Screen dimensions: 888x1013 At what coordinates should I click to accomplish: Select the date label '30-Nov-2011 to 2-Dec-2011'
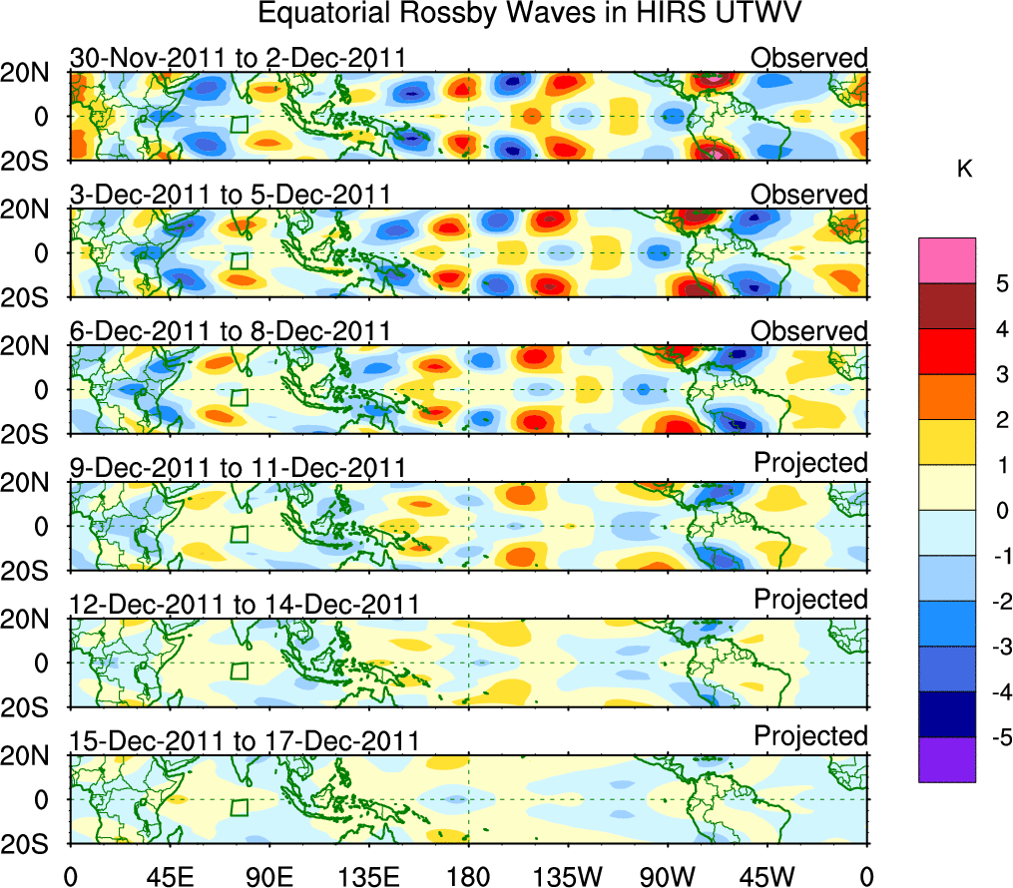coord(238,58)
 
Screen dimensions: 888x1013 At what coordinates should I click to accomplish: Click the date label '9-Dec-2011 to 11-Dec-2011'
coord(238,467)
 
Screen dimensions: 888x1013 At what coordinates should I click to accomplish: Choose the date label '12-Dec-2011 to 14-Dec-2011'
coord(244,604)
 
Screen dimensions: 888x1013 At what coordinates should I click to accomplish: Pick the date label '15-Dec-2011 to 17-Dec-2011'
coord(244,740)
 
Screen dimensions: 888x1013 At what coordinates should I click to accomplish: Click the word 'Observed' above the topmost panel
coord(809,58)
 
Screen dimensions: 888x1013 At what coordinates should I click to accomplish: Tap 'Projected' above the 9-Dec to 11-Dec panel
coord(810,463)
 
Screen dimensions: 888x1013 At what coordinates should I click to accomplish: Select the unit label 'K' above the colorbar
coord(964,171)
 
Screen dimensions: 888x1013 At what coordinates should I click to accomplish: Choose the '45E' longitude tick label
coord(169,876)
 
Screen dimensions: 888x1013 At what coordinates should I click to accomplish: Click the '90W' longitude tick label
coord(668,876)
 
